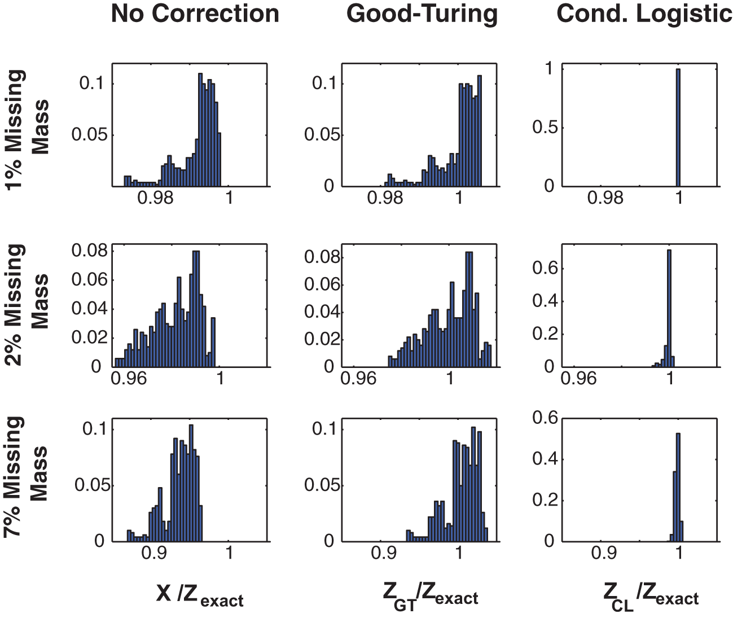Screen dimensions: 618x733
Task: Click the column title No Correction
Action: pyautogui.click(x=195, y=14)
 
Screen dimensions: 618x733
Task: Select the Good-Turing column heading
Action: pyautogui.click(x=422, y=14)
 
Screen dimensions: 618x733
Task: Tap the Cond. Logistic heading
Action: pyautogui.click(x=644, y=14)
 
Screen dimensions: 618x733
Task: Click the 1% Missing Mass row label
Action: pyautogui.click(x=27, y=129)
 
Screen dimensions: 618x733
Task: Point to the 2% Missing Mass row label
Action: pyautogui.click(x=27, y=305)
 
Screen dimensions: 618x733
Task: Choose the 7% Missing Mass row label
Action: pyautogui.click(x=27, y=477)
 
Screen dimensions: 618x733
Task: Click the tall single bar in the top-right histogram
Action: pyautogui.click(x=678, y=128)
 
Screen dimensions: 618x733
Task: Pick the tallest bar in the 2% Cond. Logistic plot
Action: pyautogui.click(x=669, y=308)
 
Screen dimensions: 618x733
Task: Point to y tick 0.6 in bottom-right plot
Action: pyautogui.click(x=545, y=418)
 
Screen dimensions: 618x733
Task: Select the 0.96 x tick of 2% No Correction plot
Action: pyautogui.click(x=129, y=378)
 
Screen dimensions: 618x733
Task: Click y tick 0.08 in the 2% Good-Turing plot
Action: pyautogui.click(x=319, y=257)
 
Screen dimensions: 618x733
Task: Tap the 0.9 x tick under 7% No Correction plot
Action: pyautogui.click(x=154, y=553)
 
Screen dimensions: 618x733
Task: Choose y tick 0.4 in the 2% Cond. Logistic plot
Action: pyautogui.click(x=545, y=301)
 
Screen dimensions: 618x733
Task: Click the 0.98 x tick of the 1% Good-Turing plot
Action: pyautogui.click(x=385, y=198)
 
